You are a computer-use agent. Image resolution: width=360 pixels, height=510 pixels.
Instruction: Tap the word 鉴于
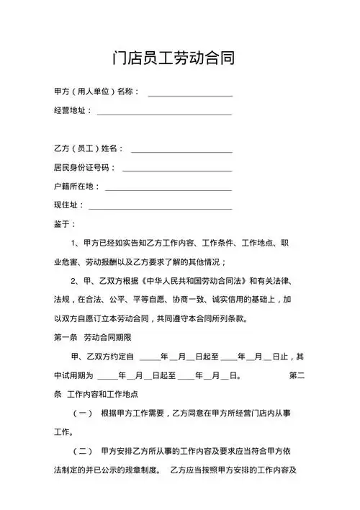62,224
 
